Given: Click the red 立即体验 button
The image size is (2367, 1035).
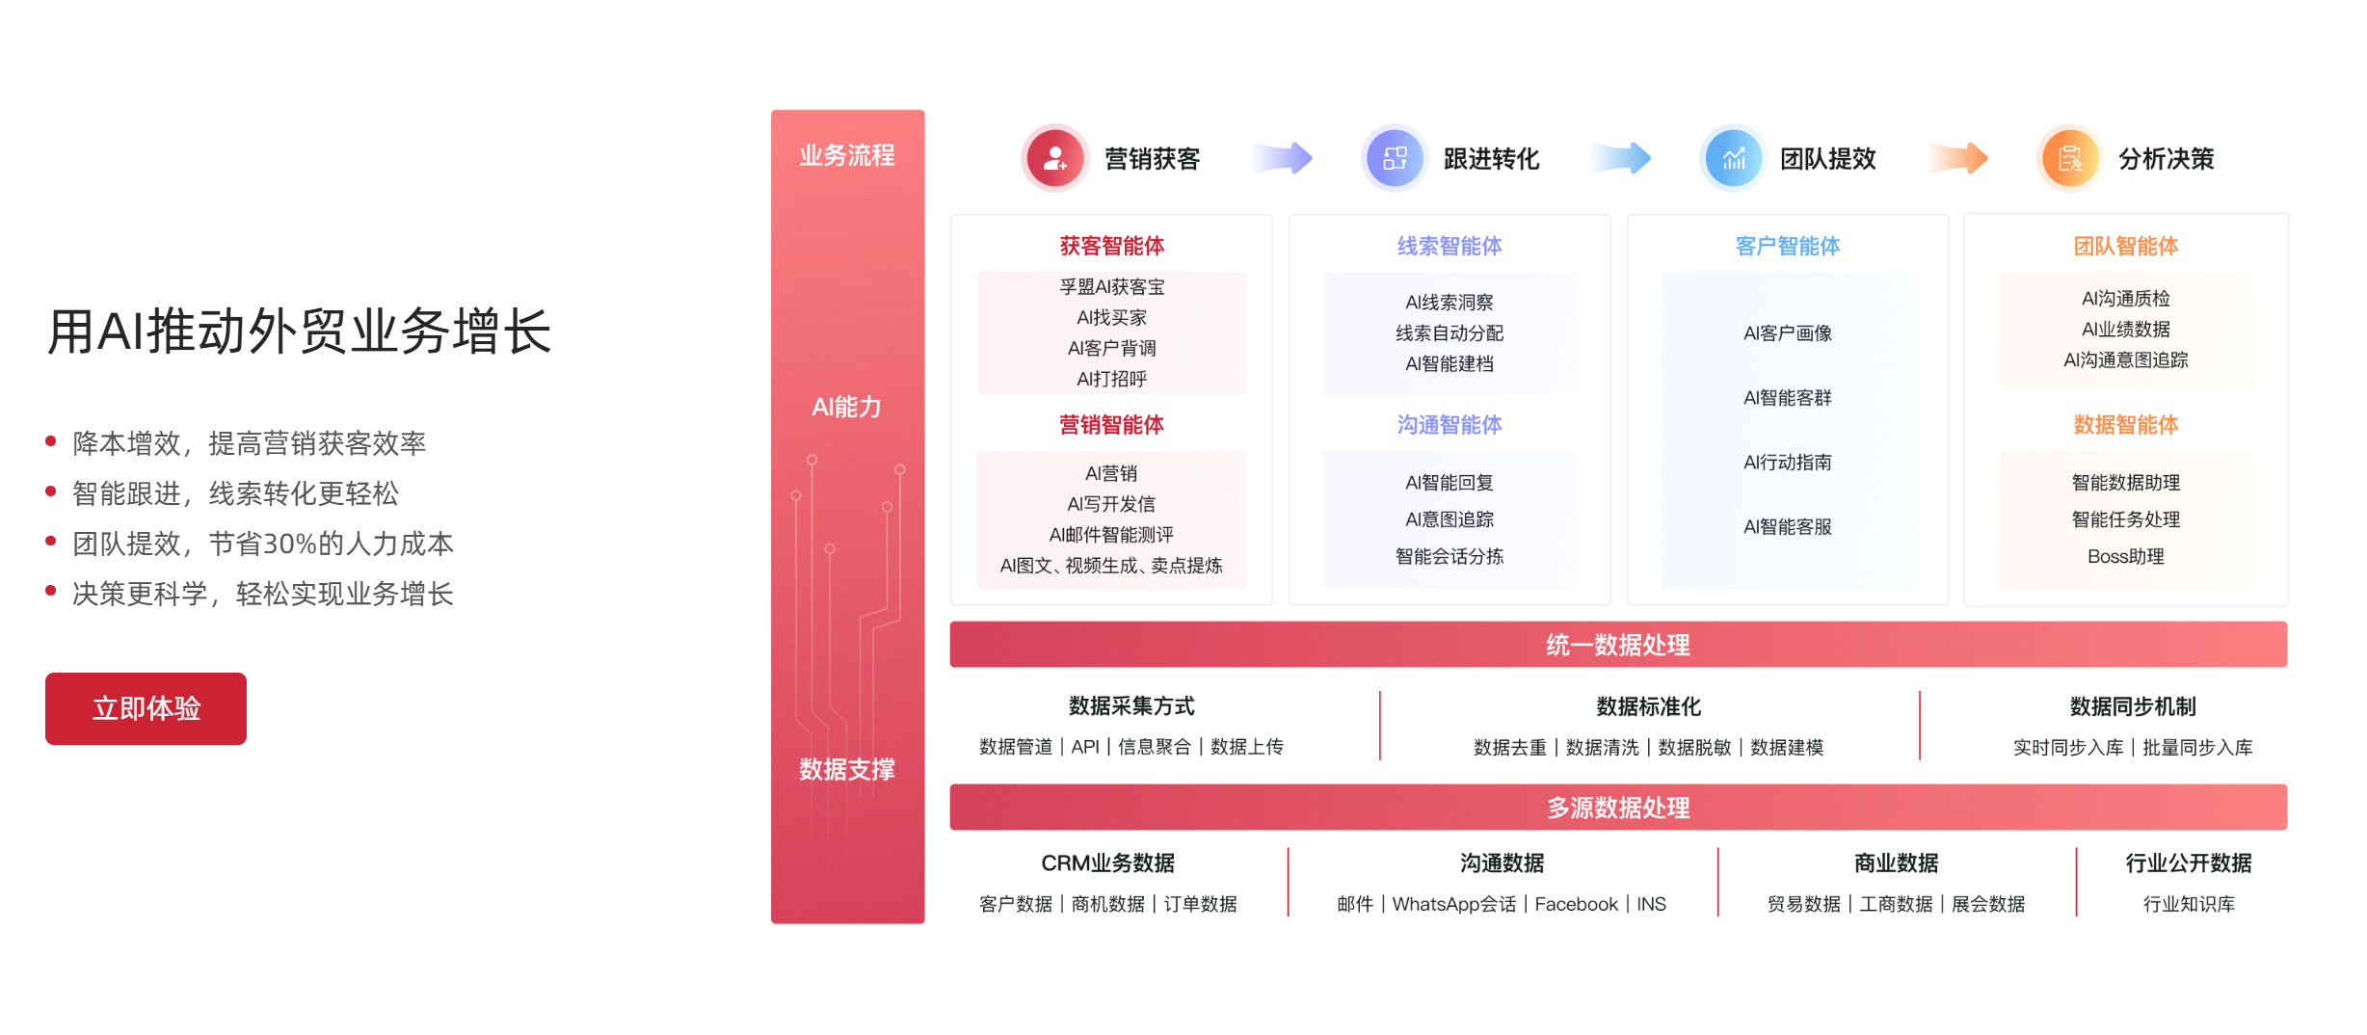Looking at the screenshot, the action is tap(146, 708).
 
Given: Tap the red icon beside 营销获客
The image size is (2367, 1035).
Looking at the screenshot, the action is tap(1054, 158).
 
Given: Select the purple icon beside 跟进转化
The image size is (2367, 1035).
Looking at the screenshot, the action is tap(1394, 158).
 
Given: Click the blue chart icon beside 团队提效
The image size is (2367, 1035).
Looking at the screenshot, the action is tap(1733, 158).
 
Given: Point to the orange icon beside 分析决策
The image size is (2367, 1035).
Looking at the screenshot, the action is tap(2069, 158).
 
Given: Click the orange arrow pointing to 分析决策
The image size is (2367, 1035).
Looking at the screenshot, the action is tap(1958, 157).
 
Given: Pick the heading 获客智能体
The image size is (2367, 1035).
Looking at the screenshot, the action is tap(1112, 246).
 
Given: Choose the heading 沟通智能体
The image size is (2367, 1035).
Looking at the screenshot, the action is tap(1449, 425).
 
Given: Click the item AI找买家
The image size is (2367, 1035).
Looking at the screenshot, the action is tap(1112, 317).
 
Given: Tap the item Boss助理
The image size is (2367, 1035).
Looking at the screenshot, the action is tap(2126, 556).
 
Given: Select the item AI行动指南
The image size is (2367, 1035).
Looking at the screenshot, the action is tap(1788, 463).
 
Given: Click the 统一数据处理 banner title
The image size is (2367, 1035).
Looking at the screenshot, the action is tap(1618, 645).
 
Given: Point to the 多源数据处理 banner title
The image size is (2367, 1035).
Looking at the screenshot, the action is tap(1618, 808).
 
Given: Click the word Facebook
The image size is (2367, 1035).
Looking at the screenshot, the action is tap(1577, 904).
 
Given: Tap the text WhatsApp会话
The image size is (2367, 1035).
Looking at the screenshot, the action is tap(1454, 904).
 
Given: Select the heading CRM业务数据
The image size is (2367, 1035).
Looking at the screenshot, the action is tap(1108, 862).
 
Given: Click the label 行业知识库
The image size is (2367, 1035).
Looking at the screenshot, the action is tap(2189, 904).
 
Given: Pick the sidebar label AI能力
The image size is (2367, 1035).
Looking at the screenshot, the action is tap(846, 407).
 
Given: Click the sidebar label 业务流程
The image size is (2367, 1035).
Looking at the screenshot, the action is tap(847, 155).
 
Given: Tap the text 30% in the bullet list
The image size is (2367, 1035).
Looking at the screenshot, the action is tap(291, 544).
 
